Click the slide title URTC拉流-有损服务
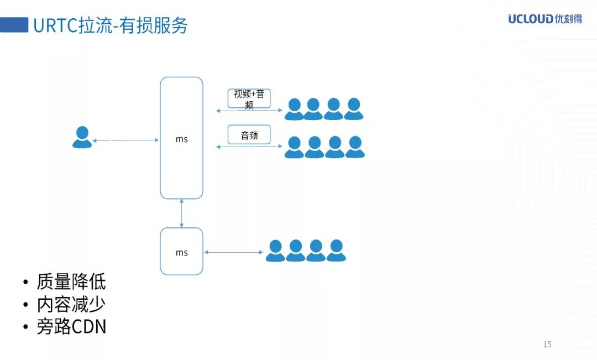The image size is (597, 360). click(111, 25)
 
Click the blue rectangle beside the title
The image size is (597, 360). click(14, 25)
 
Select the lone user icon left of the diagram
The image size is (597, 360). click(82, 138)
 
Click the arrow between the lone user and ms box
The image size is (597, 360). click(125, 140)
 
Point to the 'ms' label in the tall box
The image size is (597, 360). click(181, 139)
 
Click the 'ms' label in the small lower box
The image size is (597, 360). click(181, 253)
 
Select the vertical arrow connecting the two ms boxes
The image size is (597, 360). click(181, 213)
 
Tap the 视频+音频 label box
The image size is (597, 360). click(249, 98)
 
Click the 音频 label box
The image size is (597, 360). click(249, 135)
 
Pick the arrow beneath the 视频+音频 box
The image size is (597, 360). click(249, 111)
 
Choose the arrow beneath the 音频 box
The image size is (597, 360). click(249, 147)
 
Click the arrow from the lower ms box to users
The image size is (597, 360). click(234, 253)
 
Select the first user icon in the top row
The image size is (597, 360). click(294, 109)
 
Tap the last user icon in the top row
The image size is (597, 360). click(353, 109)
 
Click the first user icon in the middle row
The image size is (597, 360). click(294, 147)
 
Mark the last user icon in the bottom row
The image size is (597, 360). click(336, 251)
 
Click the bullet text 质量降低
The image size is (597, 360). click(71, 282)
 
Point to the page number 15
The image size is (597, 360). click(547, 345)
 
